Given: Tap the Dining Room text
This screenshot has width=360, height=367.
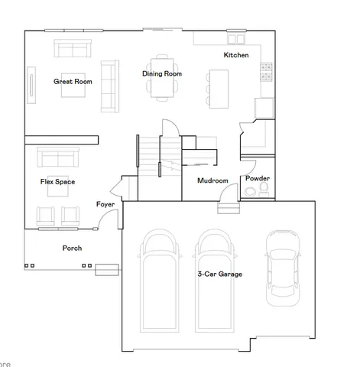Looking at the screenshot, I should tap(162, 73).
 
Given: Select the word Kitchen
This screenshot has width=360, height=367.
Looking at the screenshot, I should tap(235, 55).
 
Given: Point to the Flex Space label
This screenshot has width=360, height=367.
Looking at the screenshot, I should tap(57, 182).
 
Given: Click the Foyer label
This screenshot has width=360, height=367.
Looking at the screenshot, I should tap(105, 204).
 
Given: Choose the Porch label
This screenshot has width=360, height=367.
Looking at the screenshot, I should tap(72, 248).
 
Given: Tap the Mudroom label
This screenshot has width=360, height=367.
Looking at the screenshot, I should tap(212, 180).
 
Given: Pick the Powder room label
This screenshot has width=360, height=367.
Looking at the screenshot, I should tap(257, 178).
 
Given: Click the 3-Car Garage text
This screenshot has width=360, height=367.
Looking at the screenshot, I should tap(219, 274).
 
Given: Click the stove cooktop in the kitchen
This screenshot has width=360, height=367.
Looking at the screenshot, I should tap(267, 72).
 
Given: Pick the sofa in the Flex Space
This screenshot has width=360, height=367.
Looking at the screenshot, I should tap(58, 158).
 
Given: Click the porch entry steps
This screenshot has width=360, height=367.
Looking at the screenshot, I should tap(106, 268).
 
